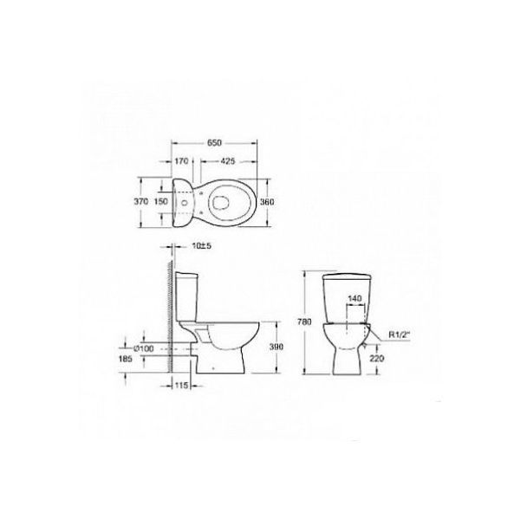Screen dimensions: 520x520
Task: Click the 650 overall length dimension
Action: pyautogui.click(x=214, y=143)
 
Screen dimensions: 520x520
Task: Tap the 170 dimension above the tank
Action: pyautogui.click(x=181, y=161)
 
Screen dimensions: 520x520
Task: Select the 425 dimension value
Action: pyautogui.click(x=227, y=161)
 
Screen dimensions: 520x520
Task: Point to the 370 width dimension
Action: pyautogui.click(x=141, y=201)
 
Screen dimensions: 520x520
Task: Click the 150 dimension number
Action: pyautogui.click(x=161, y=201)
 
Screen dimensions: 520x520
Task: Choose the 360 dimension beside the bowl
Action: pyautogui.click(x=267, y=202)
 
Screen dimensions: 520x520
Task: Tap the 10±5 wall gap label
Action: pyautogui.click(x=202, y=246)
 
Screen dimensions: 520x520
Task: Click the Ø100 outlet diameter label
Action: pyautogui.click(x=144, y=349)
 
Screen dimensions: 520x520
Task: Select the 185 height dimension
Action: pyautogui.click(x=126, y=359)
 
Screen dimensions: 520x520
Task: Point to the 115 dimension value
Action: pyautogui.click(x=181, y=386)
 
